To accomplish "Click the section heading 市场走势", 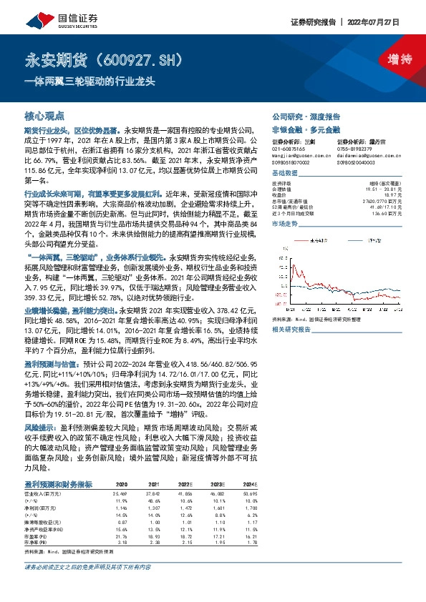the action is [x=285, y=224].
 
